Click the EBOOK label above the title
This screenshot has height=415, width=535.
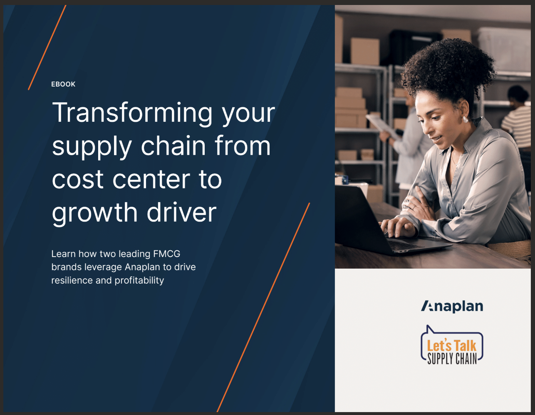click(63, 84)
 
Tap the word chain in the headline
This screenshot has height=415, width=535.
click(173, 146)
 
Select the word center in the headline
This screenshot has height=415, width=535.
click(151, 179)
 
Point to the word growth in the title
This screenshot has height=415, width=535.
click(94, 213)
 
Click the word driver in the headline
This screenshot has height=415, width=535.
click(182, 211)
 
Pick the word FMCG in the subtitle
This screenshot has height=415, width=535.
click(167, 254)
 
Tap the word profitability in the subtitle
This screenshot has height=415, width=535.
click(139, 280)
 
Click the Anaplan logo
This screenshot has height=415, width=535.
click(452, 306)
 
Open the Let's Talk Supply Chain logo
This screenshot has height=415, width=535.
click(452, 345)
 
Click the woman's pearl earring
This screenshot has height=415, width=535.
click(465, 120)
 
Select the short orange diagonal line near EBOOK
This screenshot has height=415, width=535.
click(47, 47)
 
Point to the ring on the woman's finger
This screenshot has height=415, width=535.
click(414, 207)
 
